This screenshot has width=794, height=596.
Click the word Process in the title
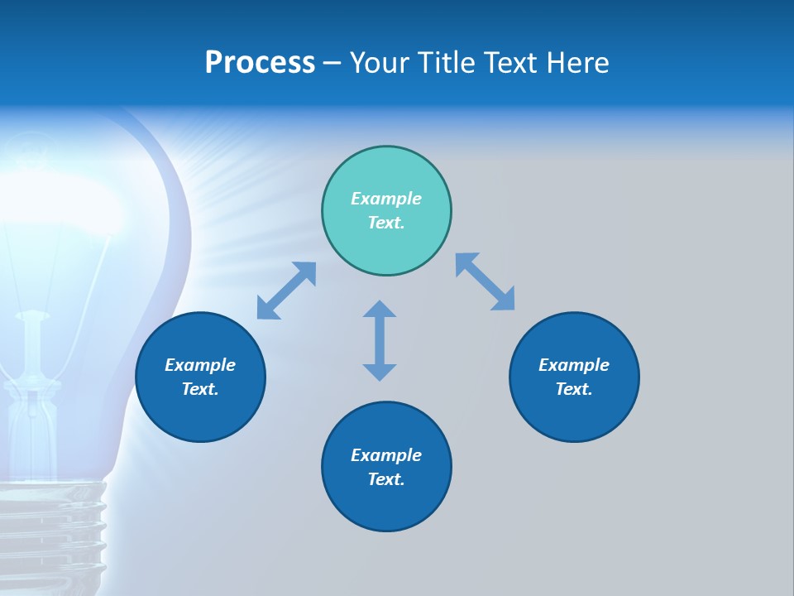[260, 63]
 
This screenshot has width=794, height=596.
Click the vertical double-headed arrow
[380, 341]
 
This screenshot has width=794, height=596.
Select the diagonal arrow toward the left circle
[286, 291]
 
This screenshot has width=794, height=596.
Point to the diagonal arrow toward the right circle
[485, 281]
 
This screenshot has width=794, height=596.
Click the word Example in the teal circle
[386, 199]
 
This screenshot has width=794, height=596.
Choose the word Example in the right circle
[574, 365]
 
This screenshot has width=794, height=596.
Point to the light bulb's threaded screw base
[54, 530]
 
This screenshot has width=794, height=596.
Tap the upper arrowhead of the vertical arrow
[380, 310]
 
